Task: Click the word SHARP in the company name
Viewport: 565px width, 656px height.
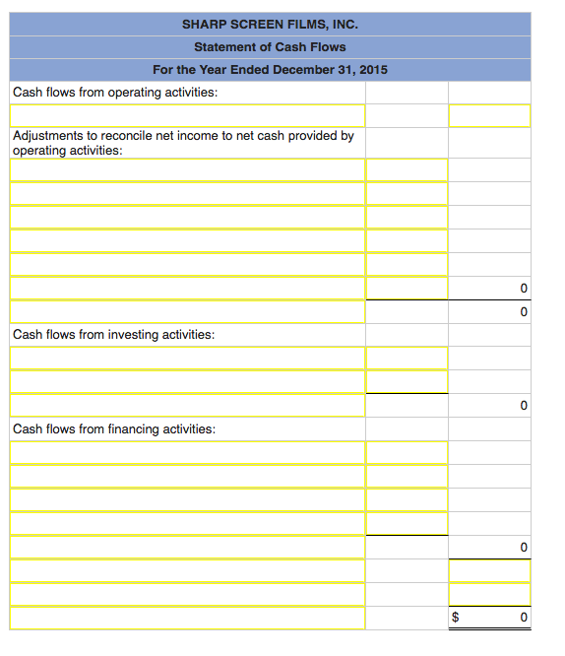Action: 203,24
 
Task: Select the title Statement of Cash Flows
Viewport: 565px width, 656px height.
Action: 270,46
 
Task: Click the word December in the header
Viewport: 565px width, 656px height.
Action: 302,70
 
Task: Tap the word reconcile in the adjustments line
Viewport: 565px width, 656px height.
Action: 123,136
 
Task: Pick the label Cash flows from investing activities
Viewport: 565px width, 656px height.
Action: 113,335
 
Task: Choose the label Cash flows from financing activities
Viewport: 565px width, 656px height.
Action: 114,429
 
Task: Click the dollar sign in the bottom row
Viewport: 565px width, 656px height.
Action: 454,618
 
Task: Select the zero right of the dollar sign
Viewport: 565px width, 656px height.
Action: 524,618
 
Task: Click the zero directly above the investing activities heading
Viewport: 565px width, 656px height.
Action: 524,312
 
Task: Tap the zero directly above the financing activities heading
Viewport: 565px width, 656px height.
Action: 524,406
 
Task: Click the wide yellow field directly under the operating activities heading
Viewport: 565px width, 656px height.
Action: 187,116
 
